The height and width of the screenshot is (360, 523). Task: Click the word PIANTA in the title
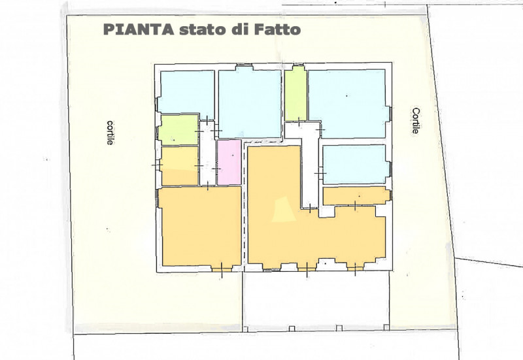(139, 29)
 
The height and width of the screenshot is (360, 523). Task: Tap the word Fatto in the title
(277, 29)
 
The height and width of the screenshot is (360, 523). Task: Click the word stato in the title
(201, 29)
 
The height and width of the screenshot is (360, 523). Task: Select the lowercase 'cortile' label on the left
(109, 133)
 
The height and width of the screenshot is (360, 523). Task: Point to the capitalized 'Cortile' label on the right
(415, 121)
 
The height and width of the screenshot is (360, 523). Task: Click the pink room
(229, 162)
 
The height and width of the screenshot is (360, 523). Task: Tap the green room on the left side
(178, 129)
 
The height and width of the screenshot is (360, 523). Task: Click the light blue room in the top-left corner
(186, 93)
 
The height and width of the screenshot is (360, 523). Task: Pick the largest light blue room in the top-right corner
(347, 104)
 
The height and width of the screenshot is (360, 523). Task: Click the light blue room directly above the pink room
(250, 103)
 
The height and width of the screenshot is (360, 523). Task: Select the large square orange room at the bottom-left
(200, 227)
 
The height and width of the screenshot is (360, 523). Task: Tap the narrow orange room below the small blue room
(356, 196)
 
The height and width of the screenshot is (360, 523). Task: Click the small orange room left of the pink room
(179, 166)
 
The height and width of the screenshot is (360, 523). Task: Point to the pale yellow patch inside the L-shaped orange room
(284, 209)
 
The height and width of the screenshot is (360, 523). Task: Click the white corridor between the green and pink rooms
(207, 154)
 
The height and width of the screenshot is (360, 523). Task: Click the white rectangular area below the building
(316, 300)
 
